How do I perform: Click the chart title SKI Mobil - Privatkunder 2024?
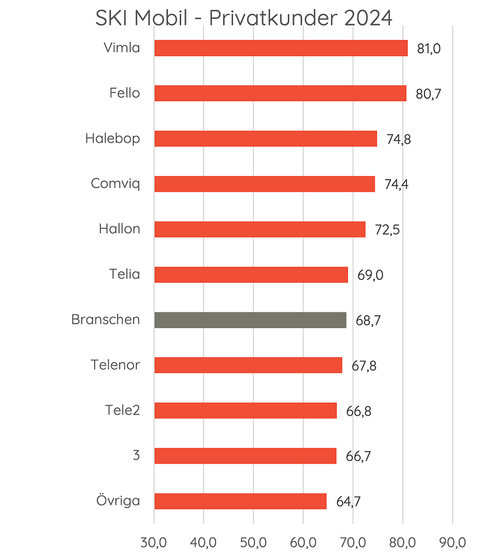(x=243, y=18)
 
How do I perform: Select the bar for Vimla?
(x=281, y=48)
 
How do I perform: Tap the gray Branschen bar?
(x=250, y=320)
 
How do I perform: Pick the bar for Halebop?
(x=265, y=139)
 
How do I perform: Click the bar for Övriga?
(x=240, y=501)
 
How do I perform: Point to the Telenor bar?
(x=248, y=365)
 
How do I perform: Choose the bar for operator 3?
(x=245, y=456)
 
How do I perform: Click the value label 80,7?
(x=428, y=94)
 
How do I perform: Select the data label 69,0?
(x=370, y=275)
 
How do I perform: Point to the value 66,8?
(x=359, y=411)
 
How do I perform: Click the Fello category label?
(x=124, y=93)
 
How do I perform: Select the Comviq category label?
(x=115, y=184)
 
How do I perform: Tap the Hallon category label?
(x=119, y=229)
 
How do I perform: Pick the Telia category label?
(x=124, y=274)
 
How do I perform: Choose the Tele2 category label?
(x=122, y=410)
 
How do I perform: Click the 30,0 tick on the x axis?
(x=154, y=543)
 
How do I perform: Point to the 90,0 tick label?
(x=452, y=543)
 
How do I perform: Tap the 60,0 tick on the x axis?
(x=303, y=543)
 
